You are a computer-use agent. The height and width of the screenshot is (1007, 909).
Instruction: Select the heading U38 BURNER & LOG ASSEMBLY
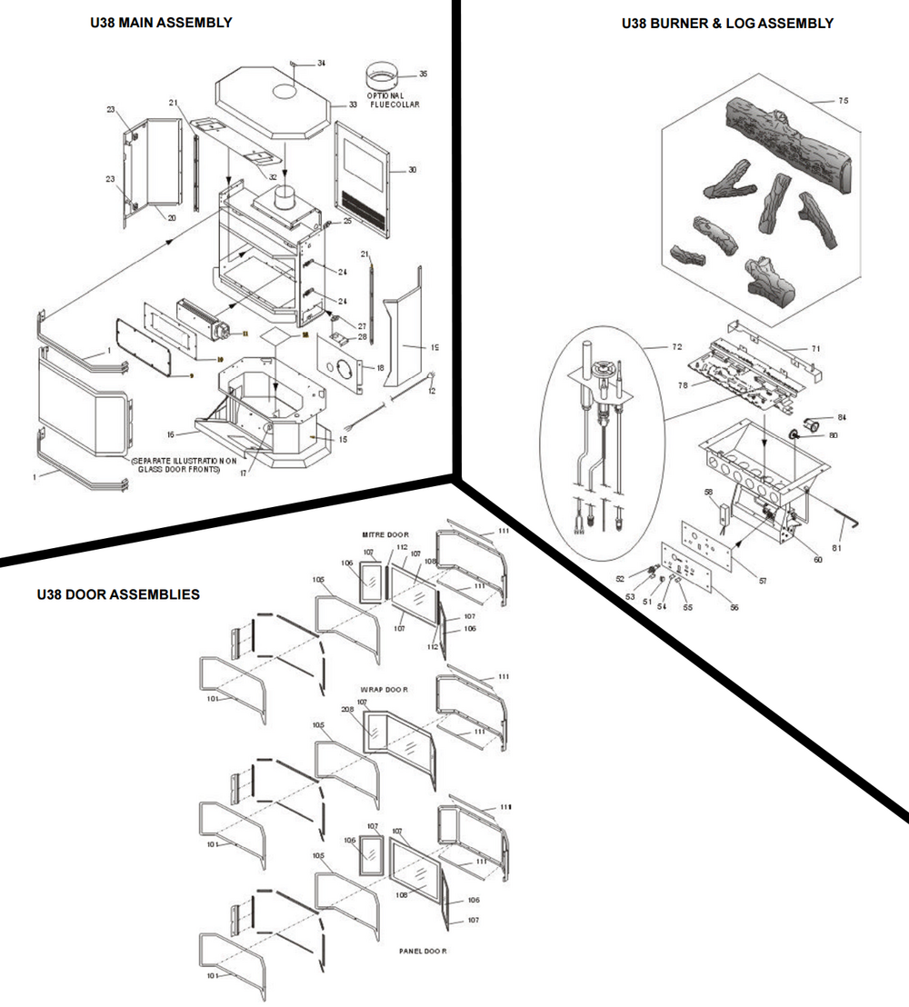coord(727,24)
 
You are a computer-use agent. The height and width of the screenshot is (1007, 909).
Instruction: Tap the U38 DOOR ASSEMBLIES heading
coord(118,595)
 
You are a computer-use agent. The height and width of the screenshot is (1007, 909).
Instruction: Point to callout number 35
coord(423,74)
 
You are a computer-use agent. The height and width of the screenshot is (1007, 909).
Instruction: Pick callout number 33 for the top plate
coord(353,105)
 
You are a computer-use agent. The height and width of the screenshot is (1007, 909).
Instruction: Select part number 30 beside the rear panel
coord(412,170)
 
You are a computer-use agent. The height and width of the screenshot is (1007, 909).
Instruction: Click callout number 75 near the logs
coord(843,102)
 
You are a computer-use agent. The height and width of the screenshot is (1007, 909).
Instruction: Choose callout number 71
coord(815,348)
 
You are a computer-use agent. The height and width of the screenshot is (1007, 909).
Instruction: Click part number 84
coord(842,417)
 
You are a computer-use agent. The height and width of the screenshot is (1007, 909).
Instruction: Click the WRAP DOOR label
coord(390,690)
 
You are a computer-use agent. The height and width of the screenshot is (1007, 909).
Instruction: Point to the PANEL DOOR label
coord(423,951)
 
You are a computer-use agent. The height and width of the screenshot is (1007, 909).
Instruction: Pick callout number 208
coord(346,709)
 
